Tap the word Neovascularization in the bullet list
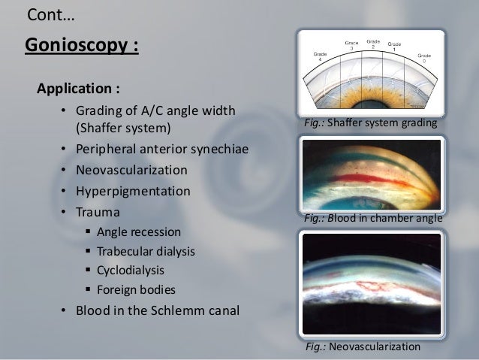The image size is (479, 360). tap(132, 170)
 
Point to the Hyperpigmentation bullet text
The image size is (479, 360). tap(131, 191)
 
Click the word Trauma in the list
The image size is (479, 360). tap(96, 212)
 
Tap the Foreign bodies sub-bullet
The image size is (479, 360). tap(131, 289)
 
